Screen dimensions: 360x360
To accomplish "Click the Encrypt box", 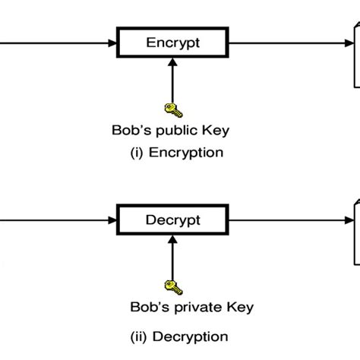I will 172,43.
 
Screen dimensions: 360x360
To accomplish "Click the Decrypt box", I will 172,220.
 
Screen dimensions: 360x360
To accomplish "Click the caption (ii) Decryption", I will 180,336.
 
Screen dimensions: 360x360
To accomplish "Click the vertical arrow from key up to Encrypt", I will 172,80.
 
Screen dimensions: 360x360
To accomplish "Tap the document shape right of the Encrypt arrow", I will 353,53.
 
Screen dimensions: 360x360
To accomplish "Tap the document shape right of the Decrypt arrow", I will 353,232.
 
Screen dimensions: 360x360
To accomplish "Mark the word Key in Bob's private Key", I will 237,308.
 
